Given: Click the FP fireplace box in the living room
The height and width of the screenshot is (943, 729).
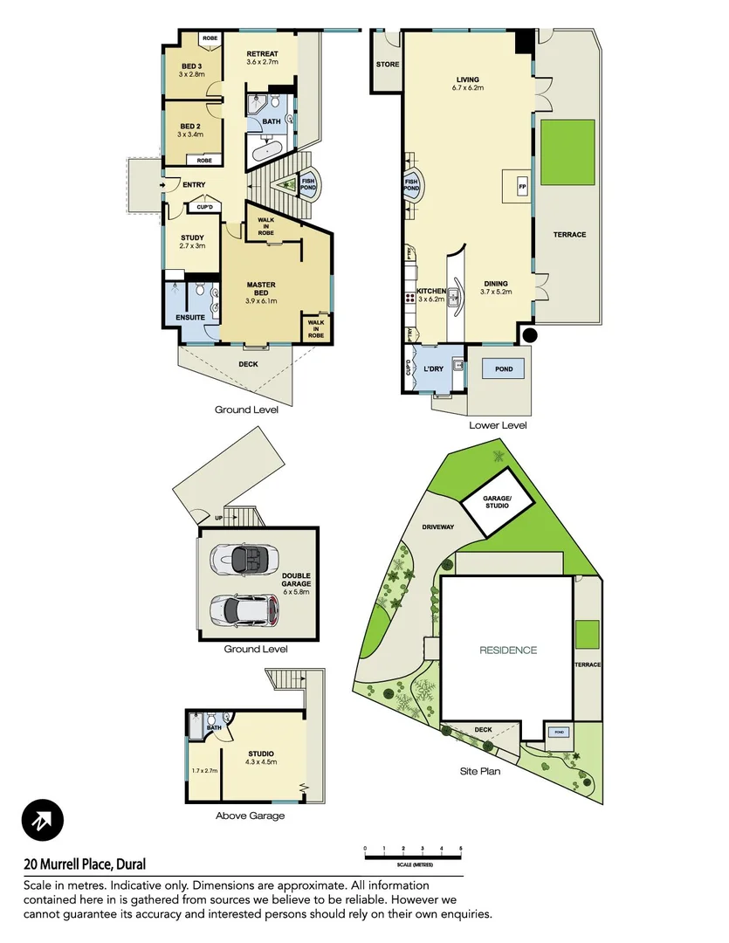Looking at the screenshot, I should click(x=522, y=188).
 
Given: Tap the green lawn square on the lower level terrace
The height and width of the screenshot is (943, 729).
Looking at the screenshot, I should click(x=567, y=153).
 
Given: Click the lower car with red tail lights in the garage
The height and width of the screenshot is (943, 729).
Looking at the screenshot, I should click(x=248, y=608).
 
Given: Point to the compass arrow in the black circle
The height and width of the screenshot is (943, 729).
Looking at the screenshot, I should click(x=43, y=821).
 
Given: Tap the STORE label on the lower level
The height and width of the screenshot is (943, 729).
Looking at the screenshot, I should click(x=387, y=65).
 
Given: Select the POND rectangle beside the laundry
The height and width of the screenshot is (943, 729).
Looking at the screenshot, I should click(x=503, y=369).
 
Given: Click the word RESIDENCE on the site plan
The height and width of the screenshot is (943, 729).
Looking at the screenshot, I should click(x=507, y=650).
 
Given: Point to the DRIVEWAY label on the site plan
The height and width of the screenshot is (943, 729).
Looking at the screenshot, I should click(x=437, y=527).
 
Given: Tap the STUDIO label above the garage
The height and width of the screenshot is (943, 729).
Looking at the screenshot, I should click(x=261, y=753).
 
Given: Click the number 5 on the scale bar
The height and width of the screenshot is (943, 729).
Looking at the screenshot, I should click(x=460, y=849).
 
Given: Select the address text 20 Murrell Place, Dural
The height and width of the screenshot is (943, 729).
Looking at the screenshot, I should click(x=85, y=865).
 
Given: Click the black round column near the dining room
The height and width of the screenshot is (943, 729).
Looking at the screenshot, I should click(x=528, y=334).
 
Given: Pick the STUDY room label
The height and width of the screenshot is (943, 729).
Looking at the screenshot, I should click(x=192, y=237).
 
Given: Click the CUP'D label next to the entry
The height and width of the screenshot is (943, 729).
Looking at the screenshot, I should click(x=206, y=207).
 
